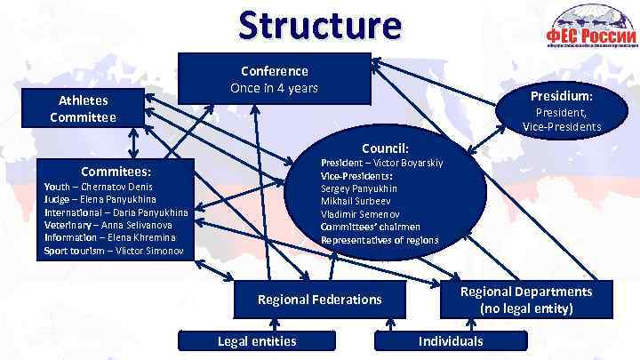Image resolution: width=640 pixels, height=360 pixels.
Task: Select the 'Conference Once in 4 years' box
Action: (275, 79)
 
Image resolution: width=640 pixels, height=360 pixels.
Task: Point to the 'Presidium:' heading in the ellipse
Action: (562, 95)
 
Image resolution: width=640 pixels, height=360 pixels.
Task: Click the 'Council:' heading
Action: (384, 148)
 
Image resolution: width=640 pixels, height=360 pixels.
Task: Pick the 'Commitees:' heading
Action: (116, 170)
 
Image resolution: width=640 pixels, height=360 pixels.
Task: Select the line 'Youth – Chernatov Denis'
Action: (99, 187)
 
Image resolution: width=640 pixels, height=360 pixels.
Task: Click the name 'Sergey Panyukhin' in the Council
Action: (359, 188)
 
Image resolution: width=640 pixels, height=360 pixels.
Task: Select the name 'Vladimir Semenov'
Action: (359, 214)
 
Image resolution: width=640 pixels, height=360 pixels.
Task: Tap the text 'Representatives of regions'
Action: (380, 240)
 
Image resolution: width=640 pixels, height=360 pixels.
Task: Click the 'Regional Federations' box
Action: (319, 300)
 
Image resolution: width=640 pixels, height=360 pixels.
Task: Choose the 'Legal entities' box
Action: (257, 341)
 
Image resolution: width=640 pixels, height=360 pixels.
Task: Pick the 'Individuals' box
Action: (451, 341)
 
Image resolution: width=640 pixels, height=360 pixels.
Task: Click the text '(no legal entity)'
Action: (525, 308)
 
